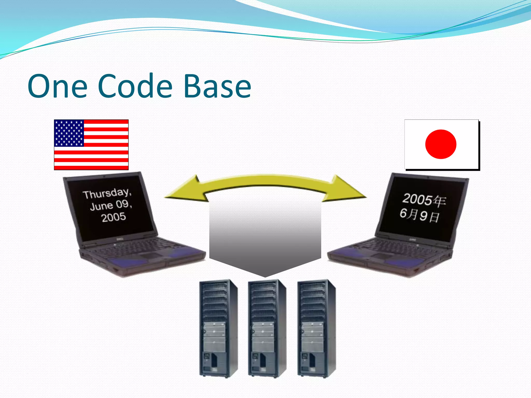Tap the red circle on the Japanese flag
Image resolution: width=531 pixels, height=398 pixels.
[x=441, y=144]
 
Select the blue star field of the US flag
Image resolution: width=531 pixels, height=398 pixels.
[x=69, y=133]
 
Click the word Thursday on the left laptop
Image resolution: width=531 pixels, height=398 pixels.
[x=107, y=193]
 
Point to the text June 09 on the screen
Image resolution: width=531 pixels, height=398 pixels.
[x=111, y=205]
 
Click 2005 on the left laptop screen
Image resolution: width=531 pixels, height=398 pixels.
[x=114, y=217]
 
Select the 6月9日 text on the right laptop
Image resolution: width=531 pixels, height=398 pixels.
[x=420, y=215]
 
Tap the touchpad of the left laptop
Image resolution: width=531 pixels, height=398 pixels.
[x=150, y=256]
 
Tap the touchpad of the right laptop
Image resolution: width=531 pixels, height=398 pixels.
[x=381, y=256]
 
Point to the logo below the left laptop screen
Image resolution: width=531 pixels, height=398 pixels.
[x=120, y=239]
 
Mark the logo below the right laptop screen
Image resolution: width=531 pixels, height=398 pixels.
[x=413, y=239]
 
